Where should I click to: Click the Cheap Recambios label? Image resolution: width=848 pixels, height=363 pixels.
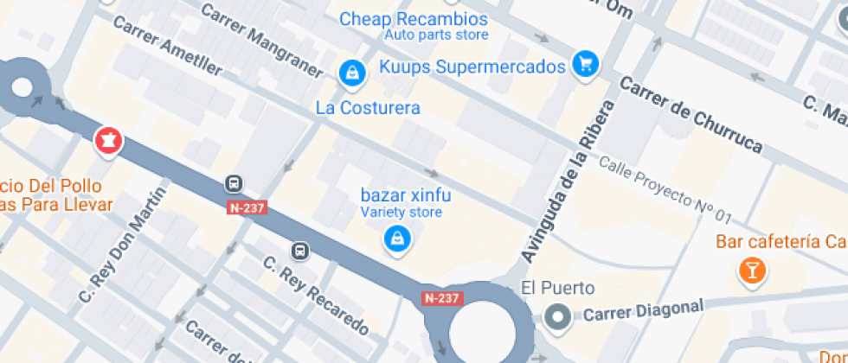pyautogui.click(x=413, y=19)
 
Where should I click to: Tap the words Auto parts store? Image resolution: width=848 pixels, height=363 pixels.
pyautogui.click(x=436, y=35)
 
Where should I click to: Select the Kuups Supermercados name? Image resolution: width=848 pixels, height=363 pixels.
pyautogui.click(x=472, y=67)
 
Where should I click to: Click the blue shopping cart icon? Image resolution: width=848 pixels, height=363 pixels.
pyautogui.click(x=587, y=65)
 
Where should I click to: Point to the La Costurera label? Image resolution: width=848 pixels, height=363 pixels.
pyautogui.click(x=368, y=108)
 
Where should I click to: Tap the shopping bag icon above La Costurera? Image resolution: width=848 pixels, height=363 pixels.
pyautogui.click(x=352, y=73)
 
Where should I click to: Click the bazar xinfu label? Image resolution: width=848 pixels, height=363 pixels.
pyautogui.click(x=401, y=194)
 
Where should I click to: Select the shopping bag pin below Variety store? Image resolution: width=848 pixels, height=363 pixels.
pyautogui.click(x=396, y=239)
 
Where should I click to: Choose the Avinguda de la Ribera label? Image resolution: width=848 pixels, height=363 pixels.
pyautogui.click(x=569, y=181)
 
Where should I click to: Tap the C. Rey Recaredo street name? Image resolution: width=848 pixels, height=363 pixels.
pyautogui.click(x=317, y=297)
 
